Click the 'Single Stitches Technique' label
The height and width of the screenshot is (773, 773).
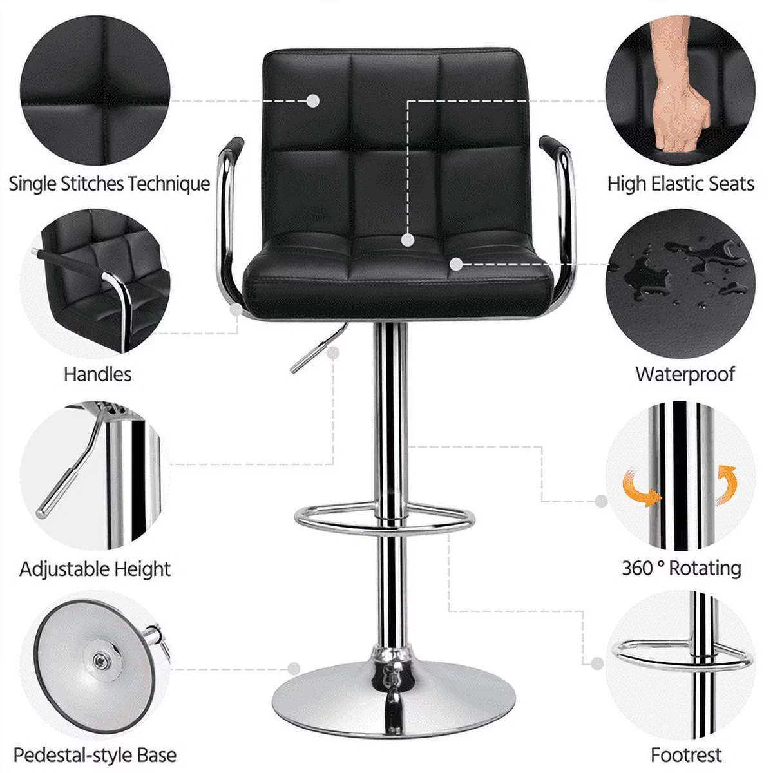coord(110,184)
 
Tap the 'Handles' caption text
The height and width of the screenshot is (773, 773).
coord(97,374)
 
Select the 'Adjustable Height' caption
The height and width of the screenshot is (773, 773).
coord(95,569)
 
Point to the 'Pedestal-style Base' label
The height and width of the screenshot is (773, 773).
coord(95,754)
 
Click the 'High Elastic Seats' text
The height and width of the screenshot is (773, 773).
coord(680,184)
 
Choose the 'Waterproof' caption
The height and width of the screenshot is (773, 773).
coord(685,374)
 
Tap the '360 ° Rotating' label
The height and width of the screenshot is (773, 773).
coord(682,568)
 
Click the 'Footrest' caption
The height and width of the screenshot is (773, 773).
coord(686,754)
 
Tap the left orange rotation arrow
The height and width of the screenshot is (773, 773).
coord(642,488)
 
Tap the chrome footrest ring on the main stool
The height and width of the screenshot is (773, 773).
coord(385,519)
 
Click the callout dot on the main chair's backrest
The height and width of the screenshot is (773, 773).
coord(313,100)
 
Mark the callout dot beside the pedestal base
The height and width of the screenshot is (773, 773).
coord(294,669)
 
